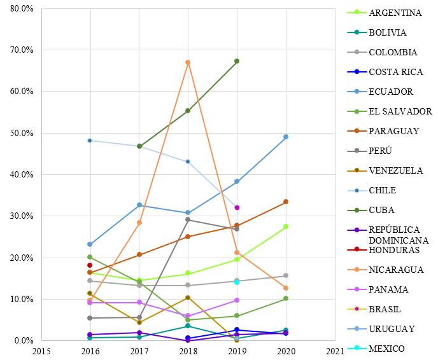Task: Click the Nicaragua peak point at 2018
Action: [188, 62]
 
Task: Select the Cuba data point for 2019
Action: [237, 61]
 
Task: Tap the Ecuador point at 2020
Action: [286, 137]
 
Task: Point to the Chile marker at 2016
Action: [90, 140]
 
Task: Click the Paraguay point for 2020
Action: [286, 202]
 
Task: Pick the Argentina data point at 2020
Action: [286, 226]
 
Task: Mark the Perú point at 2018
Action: [188, 219]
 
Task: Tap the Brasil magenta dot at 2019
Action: [237, 207]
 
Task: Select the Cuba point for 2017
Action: [139, 146]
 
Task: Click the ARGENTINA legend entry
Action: [395, 13]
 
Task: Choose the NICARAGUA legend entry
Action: [396, 270]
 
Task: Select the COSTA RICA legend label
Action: [395, 72]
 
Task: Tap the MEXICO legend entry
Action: [386, 349]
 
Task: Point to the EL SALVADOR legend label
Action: [400, 111]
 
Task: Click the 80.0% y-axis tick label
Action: [22, 8]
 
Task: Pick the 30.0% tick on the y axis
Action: [22, 216]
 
